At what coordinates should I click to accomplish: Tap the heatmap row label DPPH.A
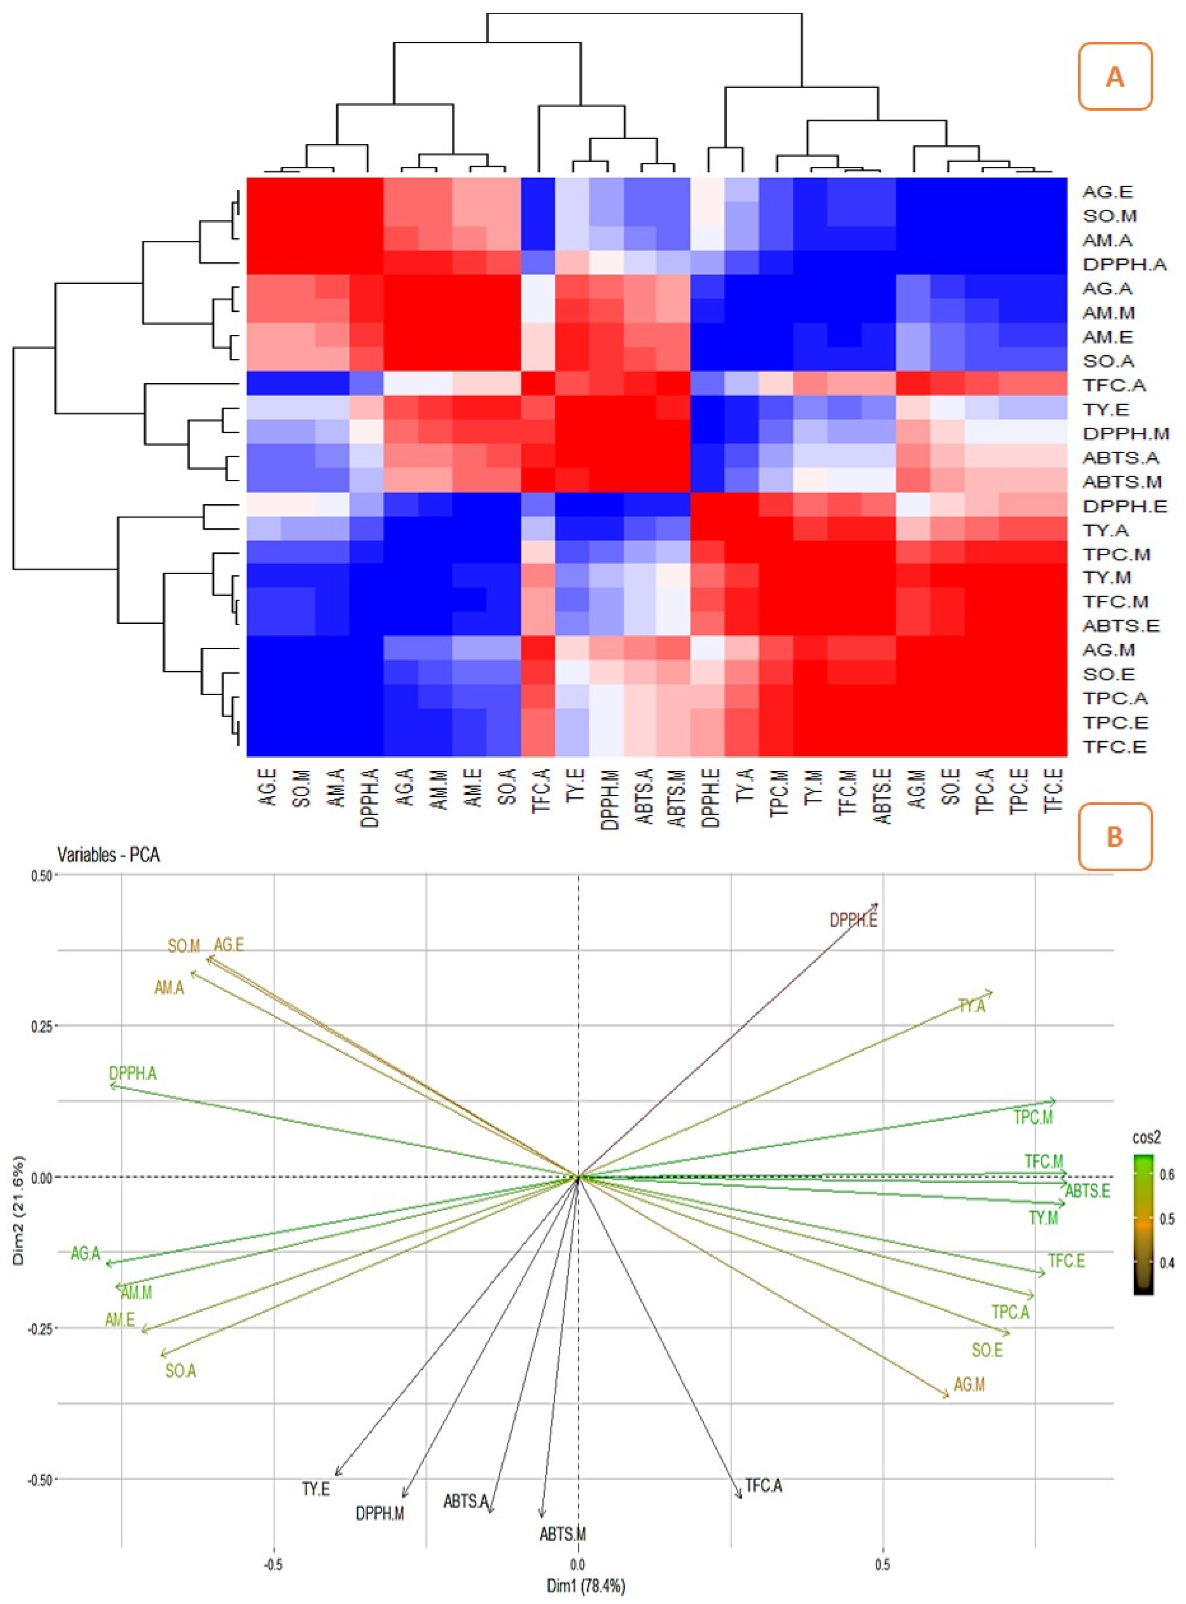click(x=1124, y=264)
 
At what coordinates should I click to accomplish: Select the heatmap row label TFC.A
click(x=1114, y=385)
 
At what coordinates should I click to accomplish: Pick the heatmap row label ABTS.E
click(x=1121, y=626)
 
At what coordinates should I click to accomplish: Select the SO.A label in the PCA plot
click(x=180, y=1371)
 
